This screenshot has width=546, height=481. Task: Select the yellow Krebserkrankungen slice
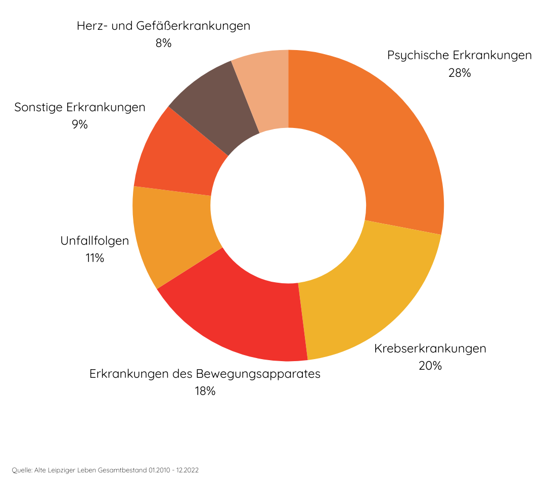point(364,293)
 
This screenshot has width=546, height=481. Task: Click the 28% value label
point(459,73)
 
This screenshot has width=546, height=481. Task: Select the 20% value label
point(430,366)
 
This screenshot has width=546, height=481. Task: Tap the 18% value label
point(205,391)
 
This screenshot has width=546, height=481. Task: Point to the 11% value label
point(95,258)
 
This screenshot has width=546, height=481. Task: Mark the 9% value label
point(79,124)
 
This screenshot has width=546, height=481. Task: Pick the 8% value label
point(163,43)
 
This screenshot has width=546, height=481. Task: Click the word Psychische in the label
point(418,55)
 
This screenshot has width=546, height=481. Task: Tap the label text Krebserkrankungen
point(430,348)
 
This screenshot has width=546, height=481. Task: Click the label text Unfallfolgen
point(95,241)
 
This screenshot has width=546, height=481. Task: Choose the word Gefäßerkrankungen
point(193,26)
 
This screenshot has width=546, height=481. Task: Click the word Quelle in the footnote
point(21,470)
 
